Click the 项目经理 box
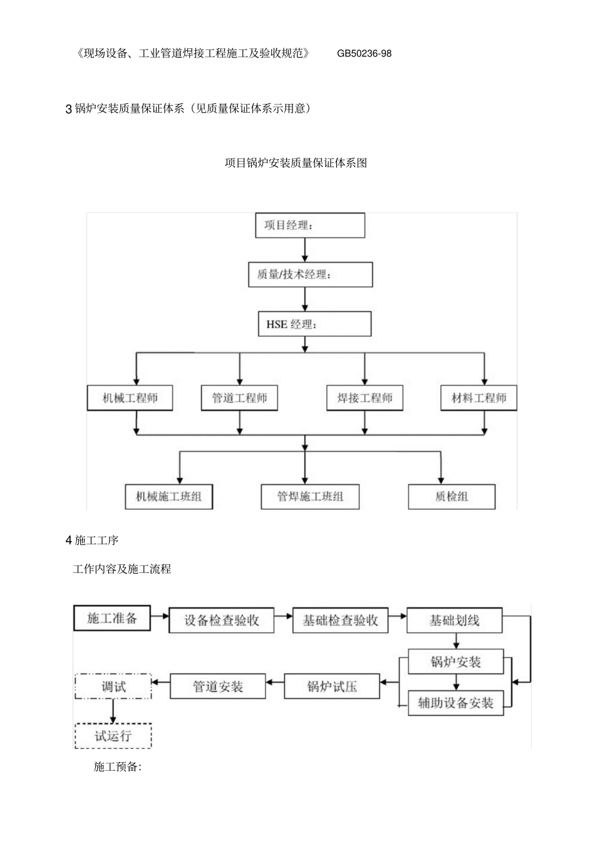point(309,225)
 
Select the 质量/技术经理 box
point(309,274)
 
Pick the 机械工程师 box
point(130,398)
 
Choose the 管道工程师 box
point(239,398)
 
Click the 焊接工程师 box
point(365,398)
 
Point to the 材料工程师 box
point(479,398)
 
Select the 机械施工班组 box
point(168,497)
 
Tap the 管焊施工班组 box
point(310,497)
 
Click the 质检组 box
point(452,497)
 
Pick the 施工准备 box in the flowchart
point(112,618)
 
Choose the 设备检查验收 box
point(221,621)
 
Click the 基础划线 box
point(455,621)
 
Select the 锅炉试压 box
point(332,686)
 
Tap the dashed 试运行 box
point(113,736)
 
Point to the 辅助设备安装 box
point(455,703)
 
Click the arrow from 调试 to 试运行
point(113,711)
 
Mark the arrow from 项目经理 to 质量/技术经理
point(305,250)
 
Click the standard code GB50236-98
point(364,54)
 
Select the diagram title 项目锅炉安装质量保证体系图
point(296,163)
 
